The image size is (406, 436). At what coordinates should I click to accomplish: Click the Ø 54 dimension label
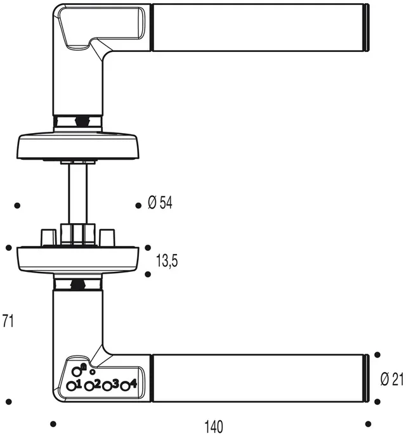tap(160, 202)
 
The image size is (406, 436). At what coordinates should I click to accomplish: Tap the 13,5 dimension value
tap(167, 260)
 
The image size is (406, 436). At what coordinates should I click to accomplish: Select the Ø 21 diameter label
tap(392, 379)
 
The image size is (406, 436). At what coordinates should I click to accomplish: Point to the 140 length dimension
tap(214, 426)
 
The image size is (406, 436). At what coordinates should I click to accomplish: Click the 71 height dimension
tap(8, 321)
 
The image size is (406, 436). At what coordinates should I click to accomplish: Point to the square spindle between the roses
tap(78, 193)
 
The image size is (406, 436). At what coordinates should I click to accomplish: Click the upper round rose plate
tap(78, 146)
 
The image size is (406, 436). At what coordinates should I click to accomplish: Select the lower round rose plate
tap(78, 259)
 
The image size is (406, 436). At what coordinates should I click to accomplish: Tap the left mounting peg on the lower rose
tap(49, 238)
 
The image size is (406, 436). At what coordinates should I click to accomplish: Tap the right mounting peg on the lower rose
tap(107, 238)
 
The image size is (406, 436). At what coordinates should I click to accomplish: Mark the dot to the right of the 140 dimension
tap(368, 424)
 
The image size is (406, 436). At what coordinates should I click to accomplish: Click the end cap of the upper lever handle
tap(367, 27)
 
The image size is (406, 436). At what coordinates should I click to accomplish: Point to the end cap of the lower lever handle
tap(367, 378)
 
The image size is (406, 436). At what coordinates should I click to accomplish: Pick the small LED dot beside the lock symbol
tap(93, 371)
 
